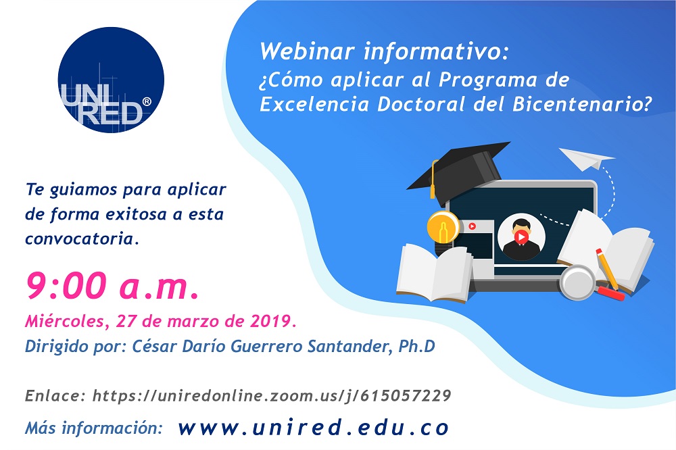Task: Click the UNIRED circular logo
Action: tap(111, 80)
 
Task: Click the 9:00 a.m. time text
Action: tap(112, 286)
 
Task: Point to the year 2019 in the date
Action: tap(273, 318)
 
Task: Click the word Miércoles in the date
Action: tap(62, 318)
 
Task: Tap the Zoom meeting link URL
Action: tap(270, 395)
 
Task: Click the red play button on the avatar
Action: tap(521, 237)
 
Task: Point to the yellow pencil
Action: tap(606, 269)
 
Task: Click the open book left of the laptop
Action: tap(433, 270)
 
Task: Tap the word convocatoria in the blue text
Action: tap(82, 239)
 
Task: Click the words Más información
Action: tap(94, 428)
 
